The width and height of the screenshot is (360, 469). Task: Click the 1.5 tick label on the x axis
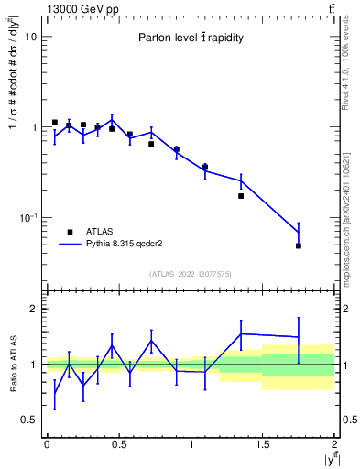pos(262,444)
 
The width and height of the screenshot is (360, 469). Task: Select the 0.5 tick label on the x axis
pos(118,444)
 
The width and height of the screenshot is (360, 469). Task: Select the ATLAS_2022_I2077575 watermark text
pos(191,273)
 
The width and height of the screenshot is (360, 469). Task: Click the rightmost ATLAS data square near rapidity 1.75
pos(299,245)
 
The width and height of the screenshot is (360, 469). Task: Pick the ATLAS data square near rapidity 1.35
pos(241,196)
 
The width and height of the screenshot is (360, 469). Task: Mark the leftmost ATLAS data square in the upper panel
pos(55,122)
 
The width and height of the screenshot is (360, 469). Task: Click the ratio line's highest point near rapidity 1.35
pos(241,333)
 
